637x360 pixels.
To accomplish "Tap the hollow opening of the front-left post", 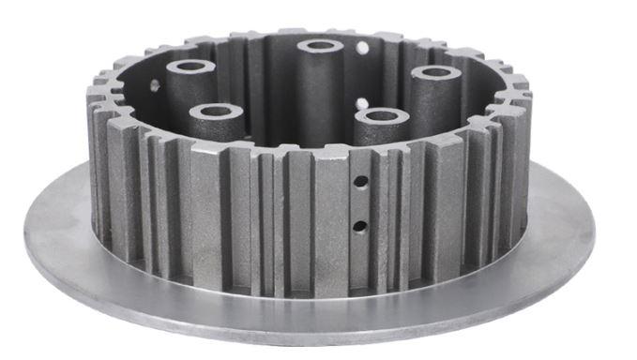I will (217, 112).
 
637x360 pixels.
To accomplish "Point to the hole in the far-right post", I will (435, 72).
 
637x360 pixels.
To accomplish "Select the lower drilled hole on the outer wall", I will (359, 225).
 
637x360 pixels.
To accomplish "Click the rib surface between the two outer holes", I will (359, 205).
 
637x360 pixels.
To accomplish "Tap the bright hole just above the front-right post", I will (362, 101).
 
